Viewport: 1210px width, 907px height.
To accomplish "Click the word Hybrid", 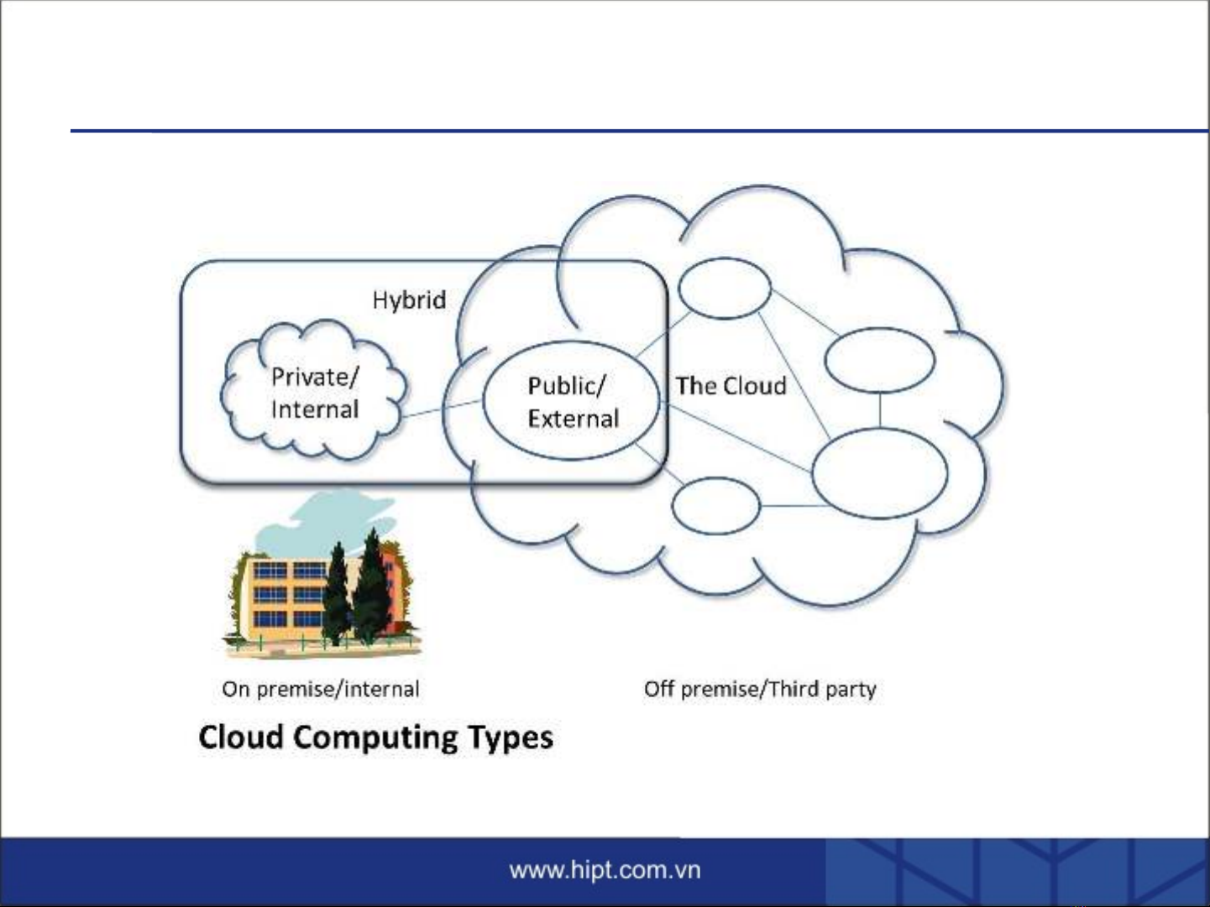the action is (x=409, y=300).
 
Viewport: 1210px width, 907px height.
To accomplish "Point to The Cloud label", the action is (x=731, y=386).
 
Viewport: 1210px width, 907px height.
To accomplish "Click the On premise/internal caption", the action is (x=320, y=690).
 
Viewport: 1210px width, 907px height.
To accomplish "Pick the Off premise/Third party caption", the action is (x=760, y=690).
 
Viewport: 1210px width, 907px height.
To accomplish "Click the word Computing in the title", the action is (x=375, y=738).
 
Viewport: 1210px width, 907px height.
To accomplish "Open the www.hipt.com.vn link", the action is (x=605, y=871).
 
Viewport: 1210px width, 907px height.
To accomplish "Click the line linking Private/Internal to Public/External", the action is (x=443, y=409).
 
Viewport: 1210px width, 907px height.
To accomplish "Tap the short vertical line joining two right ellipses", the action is (x=880, y=410).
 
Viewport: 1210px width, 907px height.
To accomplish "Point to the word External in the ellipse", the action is (x=574, y=420).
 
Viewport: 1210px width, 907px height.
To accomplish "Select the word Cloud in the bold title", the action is (x=241, y=737).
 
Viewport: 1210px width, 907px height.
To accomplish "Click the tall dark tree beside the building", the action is (x=372, y=585).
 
